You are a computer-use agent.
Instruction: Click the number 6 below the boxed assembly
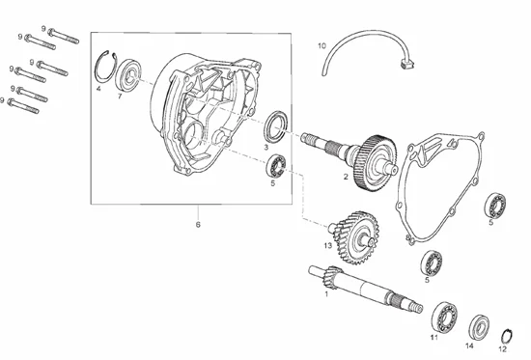point(198,225)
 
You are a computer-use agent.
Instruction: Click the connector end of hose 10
point(407,64)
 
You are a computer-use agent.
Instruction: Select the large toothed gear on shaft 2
point(376,163)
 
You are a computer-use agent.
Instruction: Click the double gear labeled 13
point(356,237)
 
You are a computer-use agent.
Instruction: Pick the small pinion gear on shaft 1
point(334,276)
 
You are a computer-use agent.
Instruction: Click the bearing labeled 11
point(444,317)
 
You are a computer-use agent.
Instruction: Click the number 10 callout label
point(321,45)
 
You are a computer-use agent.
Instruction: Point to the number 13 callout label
point(328,245)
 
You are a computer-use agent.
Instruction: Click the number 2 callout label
point(346,177)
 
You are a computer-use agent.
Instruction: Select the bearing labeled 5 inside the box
point(276,166)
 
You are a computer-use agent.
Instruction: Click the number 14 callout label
point(469,346)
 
